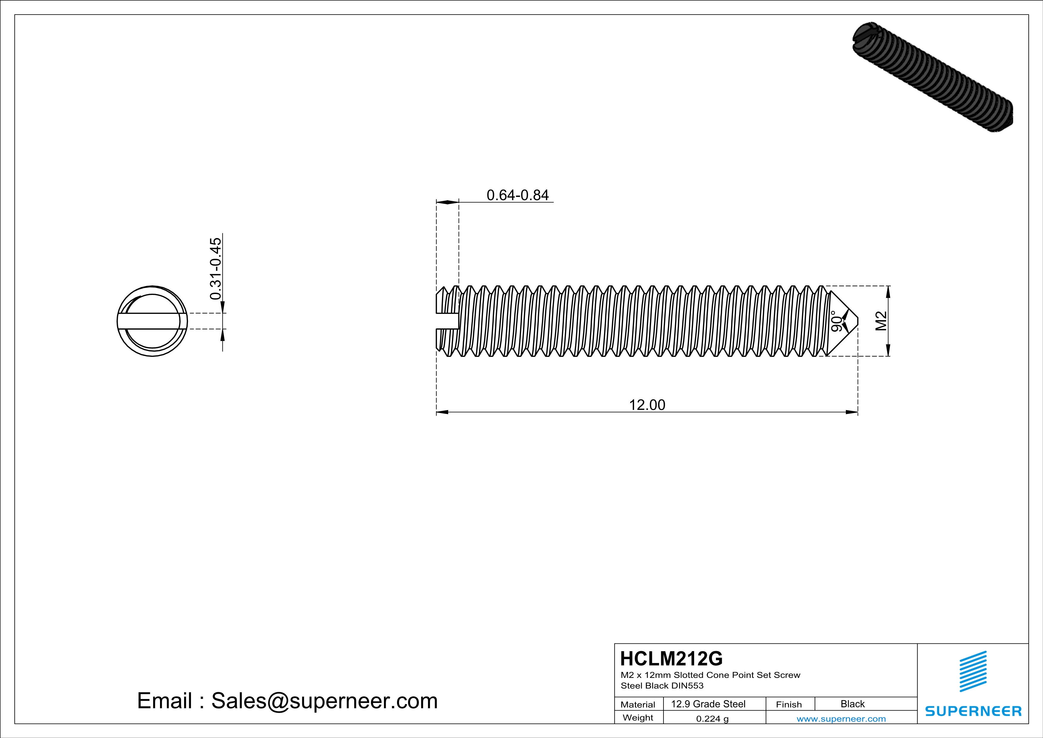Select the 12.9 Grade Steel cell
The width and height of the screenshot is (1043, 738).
pos(708,704)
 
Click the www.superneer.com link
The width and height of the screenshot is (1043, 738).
pos(841,718)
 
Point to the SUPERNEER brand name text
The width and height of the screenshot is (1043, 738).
pos(973,711)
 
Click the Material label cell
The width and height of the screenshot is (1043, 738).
pos(638,704)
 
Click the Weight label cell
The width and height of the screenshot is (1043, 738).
pos(638,717)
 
